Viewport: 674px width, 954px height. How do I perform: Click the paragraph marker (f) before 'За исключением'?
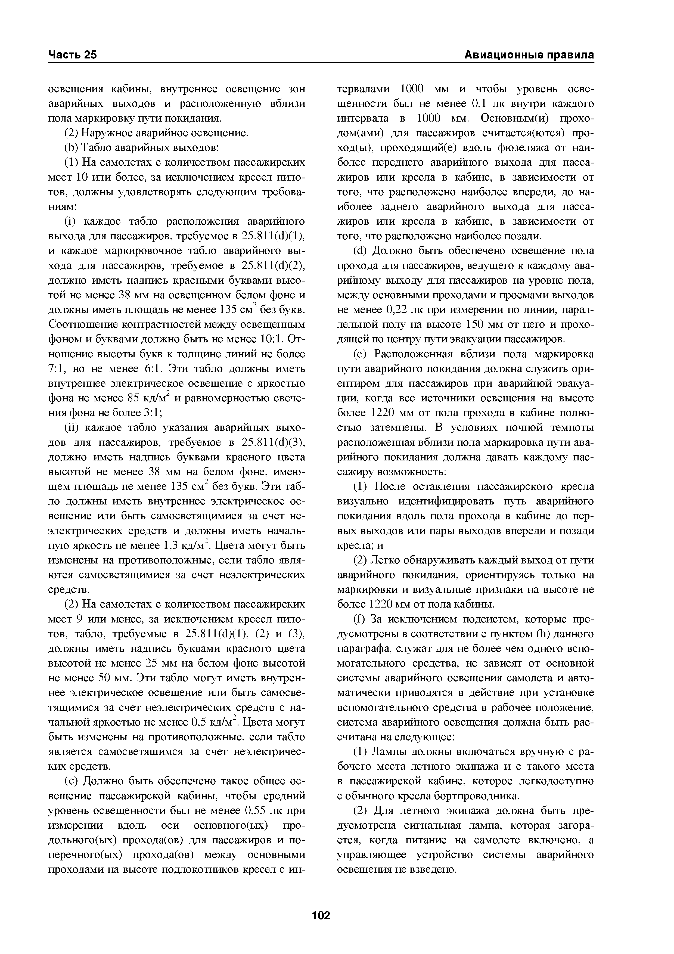(359, 620)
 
